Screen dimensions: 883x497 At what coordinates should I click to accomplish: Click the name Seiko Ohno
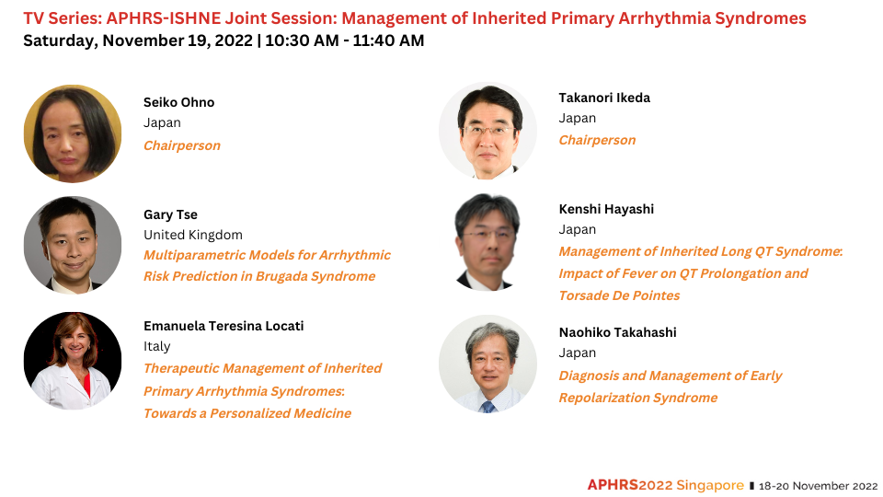[178, 102]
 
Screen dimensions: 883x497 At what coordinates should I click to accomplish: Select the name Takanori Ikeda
[604, 98]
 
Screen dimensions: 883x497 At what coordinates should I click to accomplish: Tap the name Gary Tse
[170, 214]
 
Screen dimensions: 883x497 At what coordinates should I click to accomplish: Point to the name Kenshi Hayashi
[606, 209]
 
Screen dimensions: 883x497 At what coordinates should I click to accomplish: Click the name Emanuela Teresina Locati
[224, 326]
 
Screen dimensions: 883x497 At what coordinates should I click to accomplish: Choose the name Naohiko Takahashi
[617, 332]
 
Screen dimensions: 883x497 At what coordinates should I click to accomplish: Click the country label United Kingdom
[192, 235]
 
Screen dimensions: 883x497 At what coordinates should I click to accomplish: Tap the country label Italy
[156, 347]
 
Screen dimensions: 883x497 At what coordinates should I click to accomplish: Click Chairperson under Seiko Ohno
[182, 145]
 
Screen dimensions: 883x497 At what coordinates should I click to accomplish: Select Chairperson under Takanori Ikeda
[597, 140]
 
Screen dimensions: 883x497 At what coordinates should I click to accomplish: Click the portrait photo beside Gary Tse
[73, 245]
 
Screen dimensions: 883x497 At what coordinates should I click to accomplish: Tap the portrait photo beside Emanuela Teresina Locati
[73, 361]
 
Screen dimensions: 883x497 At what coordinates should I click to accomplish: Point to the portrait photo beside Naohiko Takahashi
[487, 364]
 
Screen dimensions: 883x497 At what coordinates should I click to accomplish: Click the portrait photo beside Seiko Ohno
[73, 133]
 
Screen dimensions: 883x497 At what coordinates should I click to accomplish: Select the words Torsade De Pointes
[619, 295]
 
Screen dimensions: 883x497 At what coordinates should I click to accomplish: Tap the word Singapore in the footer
[710, 485]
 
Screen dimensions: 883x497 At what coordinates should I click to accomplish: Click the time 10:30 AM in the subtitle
[302, 40]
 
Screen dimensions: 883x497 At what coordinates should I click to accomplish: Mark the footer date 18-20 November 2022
[818, 486]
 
